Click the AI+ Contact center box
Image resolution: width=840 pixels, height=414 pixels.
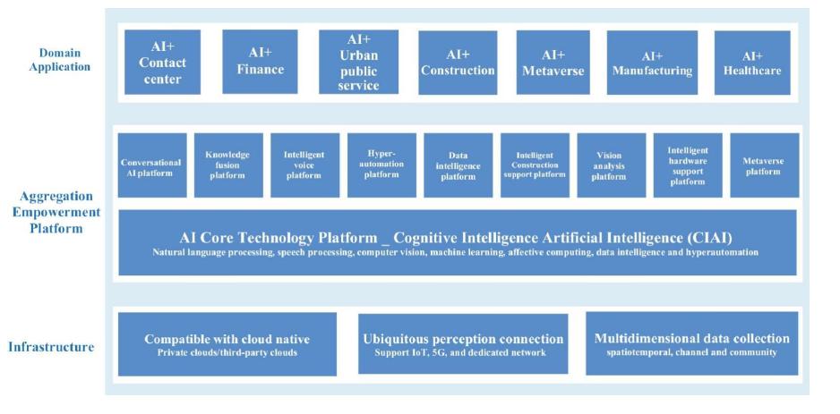160,63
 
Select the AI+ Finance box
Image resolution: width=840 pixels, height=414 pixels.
260,63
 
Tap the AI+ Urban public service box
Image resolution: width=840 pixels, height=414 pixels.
358,63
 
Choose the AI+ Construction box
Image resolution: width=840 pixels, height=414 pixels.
458,63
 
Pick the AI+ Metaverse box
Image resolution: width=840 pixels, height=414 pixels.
553,63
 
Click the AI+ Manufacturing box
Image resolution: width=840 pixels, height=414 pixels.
653,63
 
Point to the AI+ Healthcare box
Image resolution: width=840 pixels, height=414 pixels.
752,63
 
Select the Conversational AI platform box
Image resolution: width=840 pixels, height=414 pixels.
152,165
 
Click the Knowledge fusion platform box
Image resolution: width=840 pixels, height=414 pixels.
228,165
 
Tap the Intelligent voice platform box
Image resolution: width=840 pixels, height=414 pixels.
304,165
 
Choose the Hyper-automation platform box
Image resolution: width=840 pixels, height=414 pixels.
381,165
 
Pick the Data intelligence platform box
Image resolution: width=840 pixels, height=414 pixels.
458,165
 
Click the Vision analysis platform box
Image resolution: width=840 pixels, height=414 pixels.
611,165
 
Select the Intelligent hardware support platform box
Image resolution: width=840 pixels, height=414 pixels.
687,165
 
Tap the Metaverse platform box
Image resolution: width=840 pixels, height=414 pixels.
764,165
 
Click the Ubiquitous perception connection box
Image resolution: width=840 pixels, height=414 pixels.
463,344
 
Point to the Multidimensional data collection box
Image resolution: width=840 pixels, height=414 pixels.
691,344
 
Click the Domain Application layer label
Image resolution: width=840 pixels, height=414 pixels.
52,60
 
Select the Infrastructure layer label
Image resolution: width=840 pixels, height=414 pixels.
52,347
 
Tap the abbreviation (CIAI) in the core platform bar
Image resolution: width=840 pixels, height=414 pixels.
707,237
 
